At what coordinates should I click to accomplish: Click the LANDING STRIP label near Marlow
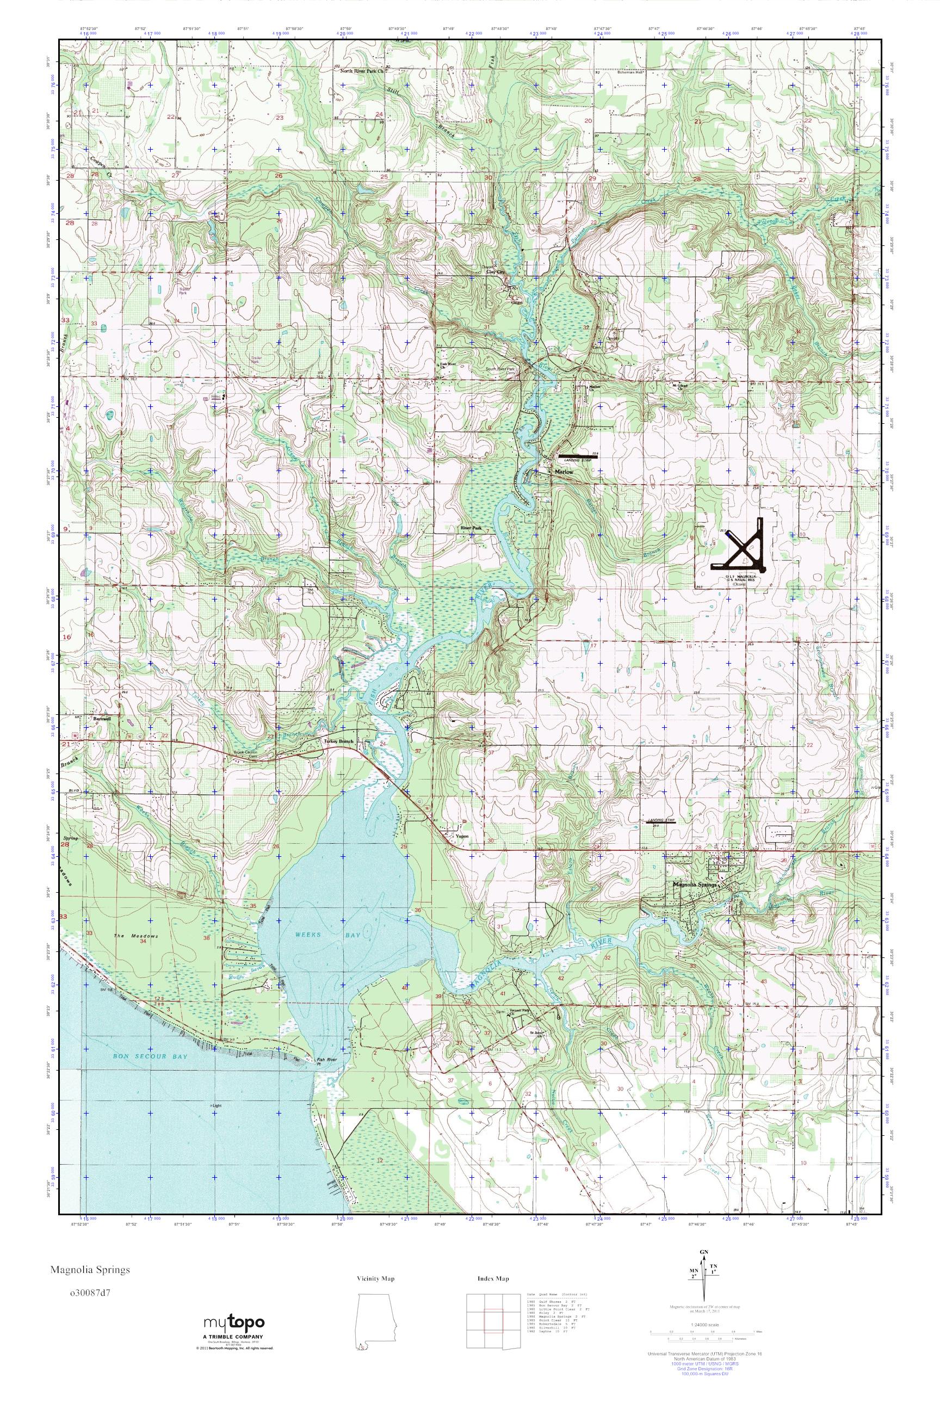576,460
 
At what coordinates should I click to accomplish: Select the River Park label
471,528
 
